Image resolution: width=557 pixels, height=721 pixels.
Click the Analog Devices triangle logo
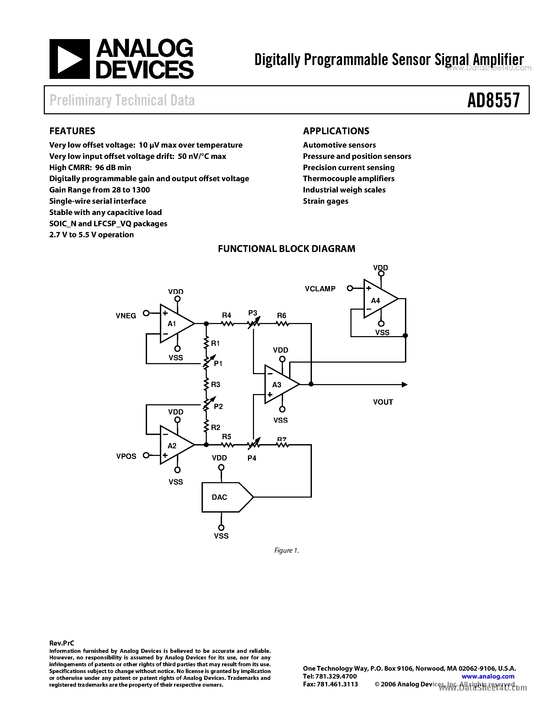tap(69, 59)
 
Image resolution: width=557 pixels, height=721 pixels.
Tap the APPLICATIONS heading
tap(336, 131)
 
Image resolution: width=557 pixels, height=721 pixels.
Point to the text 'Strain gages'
tap(325, 201)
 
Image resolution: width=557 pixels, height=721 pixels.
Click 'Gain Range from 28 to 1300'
tap(99, 190)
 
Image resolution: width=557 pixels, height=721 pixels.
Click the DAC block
tap(224, 497)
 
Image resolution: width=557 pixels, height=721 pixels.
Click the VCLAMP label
tap(320, 289)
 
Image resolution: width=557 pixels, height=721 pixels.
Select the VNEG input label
tap(126, 316)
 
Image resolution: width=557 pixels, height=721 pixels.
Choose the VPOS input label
tap(126, 456)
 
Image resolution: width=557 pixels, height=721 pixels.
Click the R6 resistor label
tap(282, 316)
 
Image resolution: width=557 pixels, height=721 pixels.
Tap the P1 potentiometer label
tap(218, 363)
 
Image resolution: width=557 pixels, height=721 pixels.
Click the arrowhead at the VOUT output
tap(404, 384)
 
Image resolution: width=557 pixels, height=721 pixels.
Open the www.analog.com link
tap(488, 676)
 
